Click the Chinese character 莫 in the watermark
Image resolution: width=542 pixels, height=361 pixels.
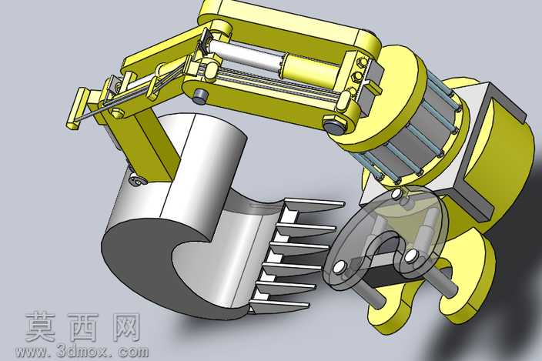40,327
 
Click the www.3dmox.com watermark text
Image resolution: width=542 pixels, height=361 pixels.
82,352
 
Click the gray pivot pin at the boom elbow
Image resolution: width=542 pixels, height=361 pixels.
200,95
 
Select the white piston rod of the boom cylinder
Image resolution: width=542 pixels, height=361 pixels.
246,55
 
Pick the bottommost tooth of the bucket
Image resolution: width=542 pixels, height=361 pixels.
279,306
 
